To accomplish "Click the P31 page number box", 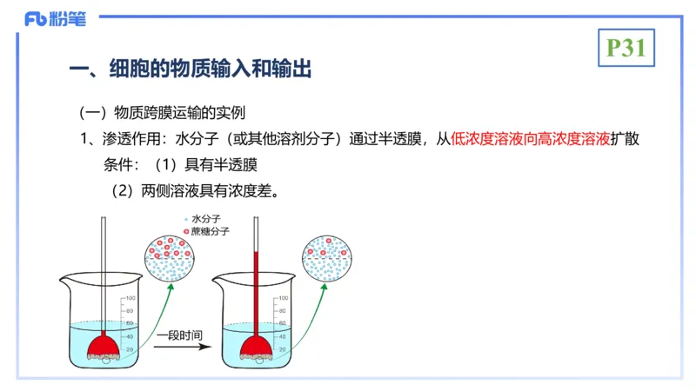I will click(x=626, y=49).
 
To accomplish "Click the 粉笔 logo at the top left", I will click(x=56, y=19).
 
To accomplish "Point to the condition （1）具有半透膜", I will click(x=204, y=163).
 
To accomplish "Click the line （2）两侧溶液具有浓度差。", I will click(x=195, y=189).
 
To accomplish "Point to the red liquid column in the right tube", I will click(x=256, y=287).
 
